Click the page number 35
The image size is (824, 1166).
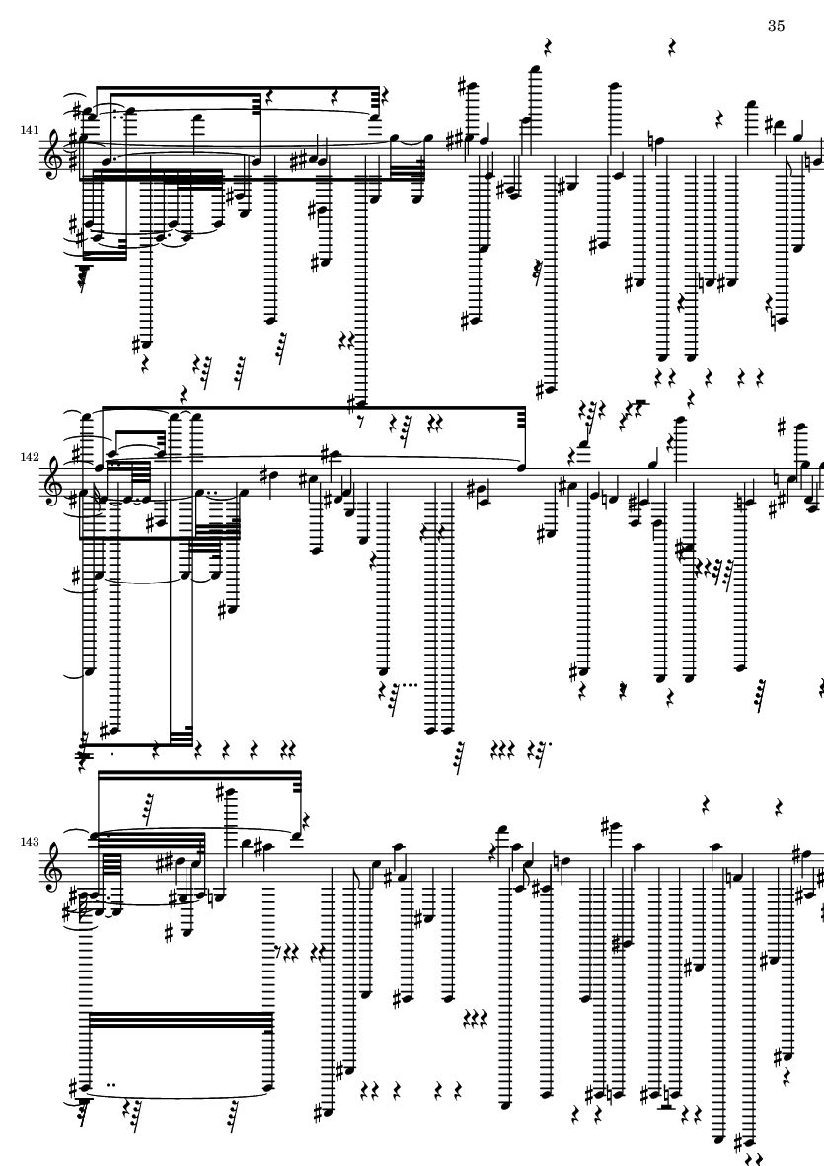pyautogui.click(x=775, y=26)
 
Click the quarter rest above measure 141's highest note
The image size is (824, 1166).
pyautogui.click(x=549, y=46)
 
